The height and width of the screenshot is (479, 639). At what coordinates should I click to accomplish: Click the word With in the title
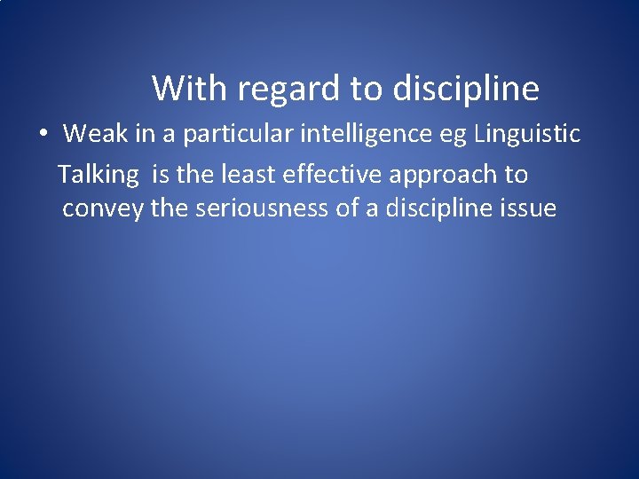[183, 89]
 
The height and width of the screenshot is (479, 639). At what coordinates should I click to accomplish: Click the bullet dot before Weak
[43, 135]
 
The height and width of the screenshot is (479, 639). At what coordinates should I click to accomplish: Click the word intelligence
[348, 134]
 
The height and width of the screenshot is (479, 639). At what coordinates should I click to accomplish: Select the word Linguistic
[527, 134]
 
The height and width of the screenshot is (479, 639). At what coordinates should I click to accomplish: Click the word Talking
[99, 174]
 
